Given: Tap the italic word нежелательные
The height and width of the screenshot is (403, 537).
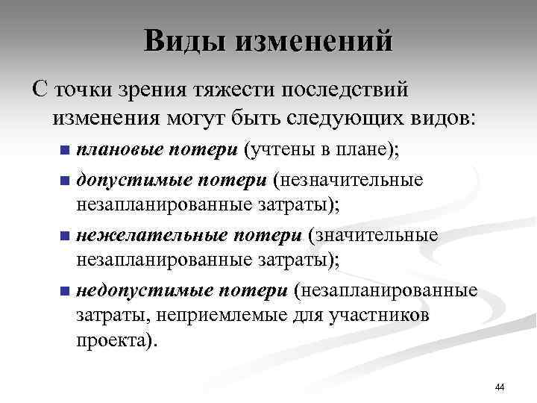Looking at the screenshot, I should click(151, 235).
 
